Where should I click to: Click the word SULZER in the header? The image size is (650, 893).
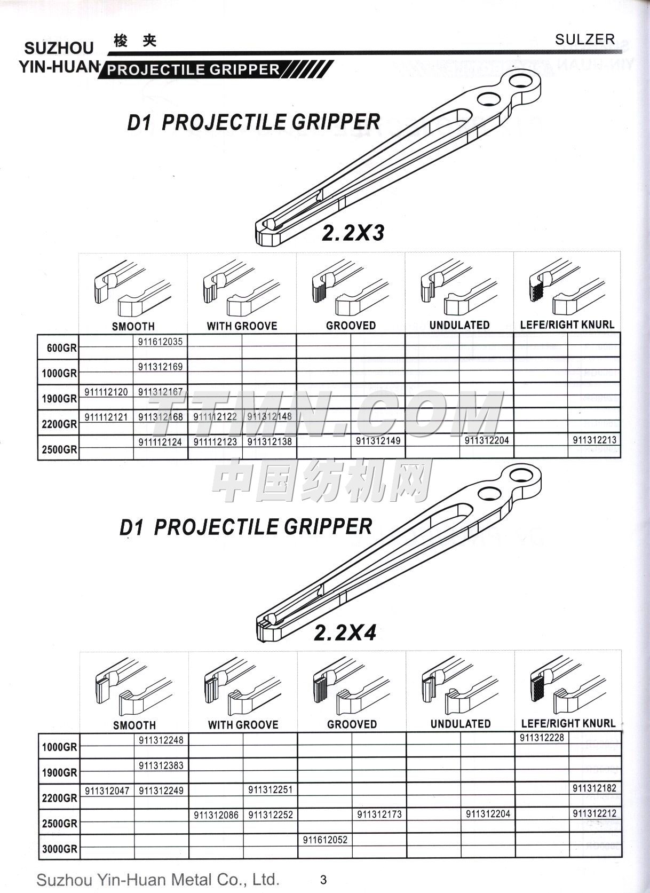click(585, 39)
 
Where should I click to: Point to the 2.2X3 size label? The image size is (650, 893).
click(353, 233)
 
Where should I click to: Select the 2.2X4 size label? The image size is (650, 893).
click(345, 633)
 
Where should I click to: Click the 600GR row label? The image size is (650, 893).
click(61, 348)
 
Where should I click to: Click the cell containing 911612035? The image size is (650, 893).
click(160, 342)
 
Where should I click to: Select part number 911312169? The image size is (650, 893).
click(160, 367)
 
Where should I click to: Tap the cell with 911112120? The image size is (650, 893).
click(106, 392)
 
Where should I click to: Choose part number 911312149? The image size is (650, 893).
click(378, 441)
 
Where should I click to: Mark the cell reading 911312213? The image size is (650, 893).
click(594, 440)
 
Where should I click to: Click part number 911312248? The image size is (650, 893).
click(161, 740)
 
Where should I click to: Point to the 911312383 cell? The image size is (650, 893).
click(161, 765)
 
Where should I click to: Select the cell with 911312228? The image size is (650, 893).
click(542, 738)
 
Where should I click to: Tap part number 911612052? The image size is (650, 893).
click(325, 840)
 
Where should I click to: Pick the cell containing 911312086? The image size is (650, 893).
click(216, 815)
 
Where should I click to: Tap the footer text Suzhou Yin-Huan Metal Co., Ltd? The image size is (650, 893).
click(158, 879)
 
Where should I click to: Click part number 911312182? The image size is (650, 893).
click(594, 788)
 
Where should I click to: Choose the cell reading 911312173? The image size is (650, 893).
click(379, 815)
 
